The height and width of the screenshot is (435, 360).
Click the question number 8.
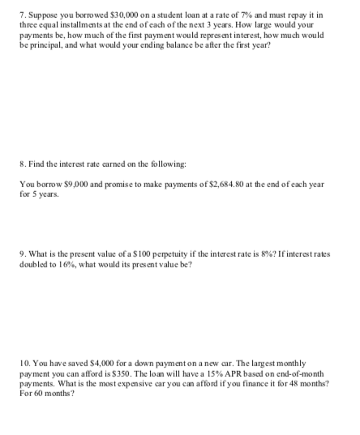click(x=21, y=163)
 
